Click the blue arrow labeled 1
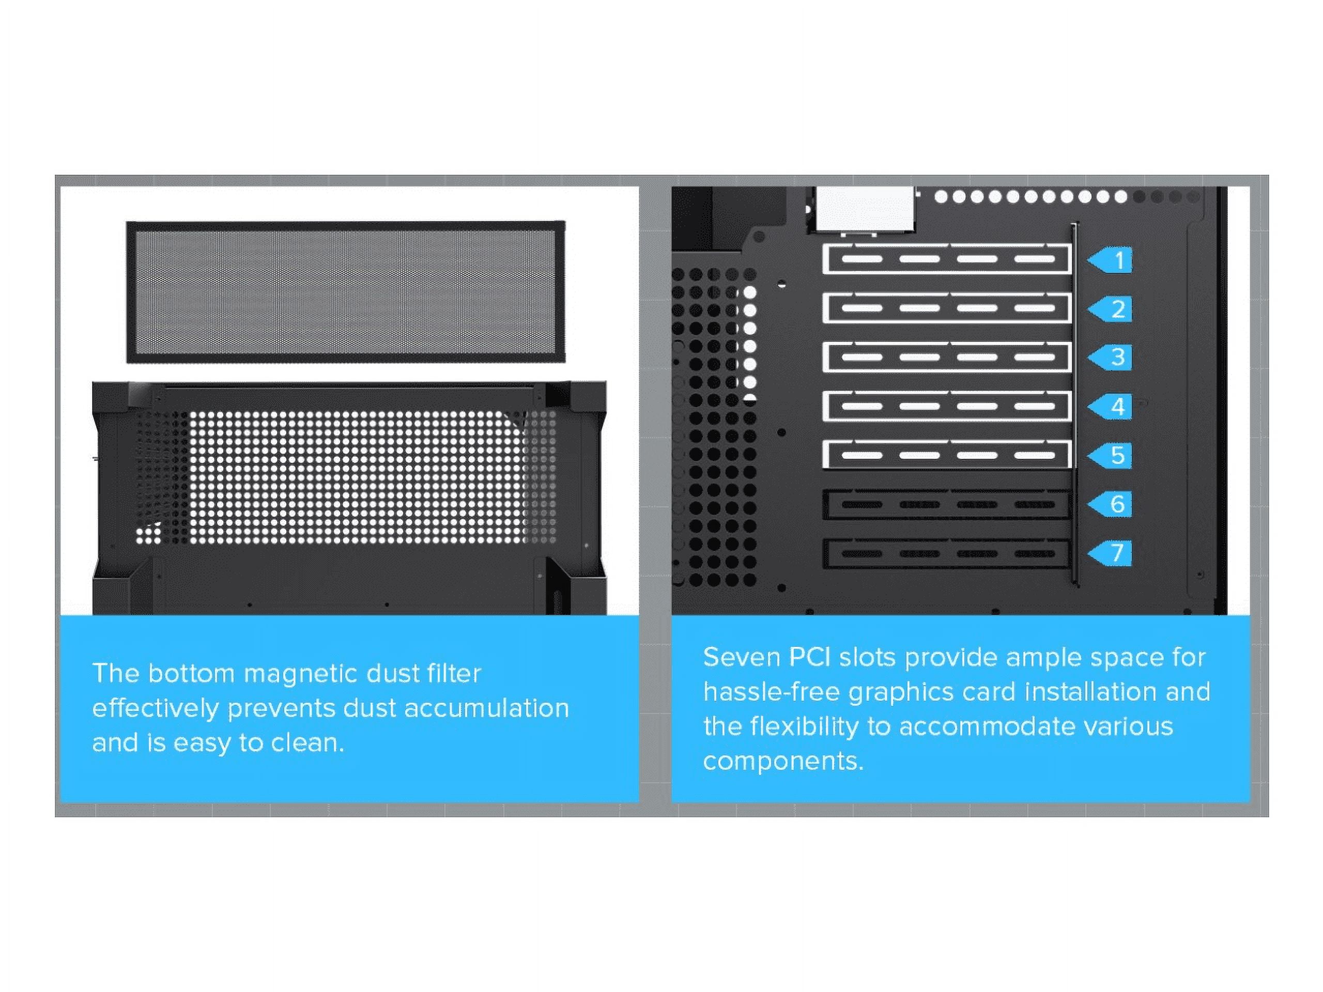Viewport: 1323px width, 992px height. pos(1111,260)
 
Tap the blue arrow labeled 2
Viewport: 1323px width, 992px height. pos(1111,309)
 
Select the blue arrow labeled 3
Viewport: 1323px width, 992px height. pos(1111,358)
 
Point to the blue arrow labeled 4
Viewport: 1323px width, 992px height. pos(1111,407)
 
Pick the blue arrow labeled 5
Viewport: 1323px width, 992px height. pos(1111,456)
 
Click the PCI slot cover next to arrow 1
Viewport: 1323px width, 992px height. pos(946,259)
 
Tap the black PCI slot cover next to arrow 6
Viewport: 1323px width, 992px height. pos(946,504)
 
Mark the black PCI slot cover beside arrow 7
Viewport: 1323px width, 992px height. pos(946,553)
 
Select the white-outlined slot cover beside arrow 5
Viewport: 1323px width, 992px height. pos(946,455)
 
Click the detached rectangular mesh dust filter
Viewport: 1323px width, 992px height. pos(346,292)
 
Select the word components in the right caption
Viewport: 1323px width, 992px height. pos(783,762)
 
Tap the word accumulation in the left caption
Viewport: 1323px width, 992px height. pos(486,708)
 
